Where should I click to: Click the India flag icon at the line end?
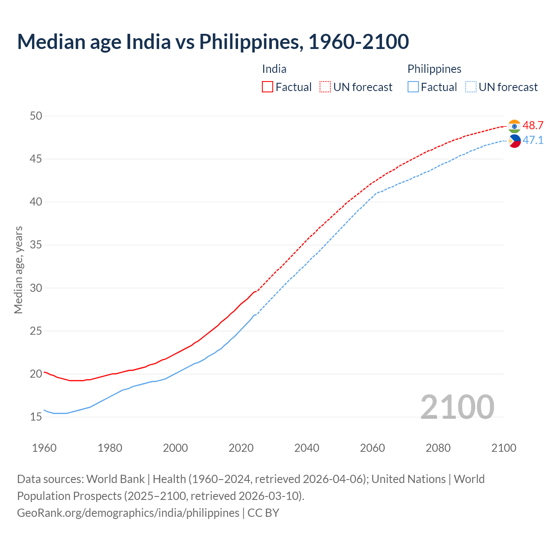tap(514, 126)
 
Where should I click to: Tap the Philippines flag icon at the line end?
tap(514, 141)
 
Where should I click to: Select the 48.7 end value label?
tap(533, 125)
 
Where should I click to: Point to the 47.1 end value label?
tap(533, 140)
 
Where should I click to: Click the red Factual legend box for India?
tap(268, 87)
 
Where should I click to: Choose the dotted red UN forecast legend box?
tap(325, 87)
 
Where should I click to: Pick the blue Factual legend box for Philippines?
tap(413, 87)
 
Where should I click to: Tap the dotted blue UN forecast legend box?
tap(471, 87)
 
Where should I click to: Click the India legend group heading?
tap(274, 69)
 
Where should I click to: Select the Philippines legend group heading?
tap(434, 69)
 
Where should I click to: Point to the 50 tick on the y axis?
tap(36, 116)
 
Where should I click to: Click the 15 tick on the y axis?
tap(36, 417)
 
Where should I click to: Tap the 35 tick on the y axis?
tap(36, 245)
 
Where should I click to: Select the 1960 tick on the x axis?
tap(44, 448)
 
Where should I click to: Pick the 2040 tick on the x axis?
tap(307, 448)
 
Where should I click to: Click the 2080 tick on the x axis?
tap(438, 448)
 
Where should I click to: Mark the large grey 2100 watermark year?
tap(457, 407)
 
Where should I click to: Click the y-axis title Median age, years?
tap(18, 270)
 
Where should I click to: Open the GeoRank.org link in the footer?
tap(128, 513)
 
